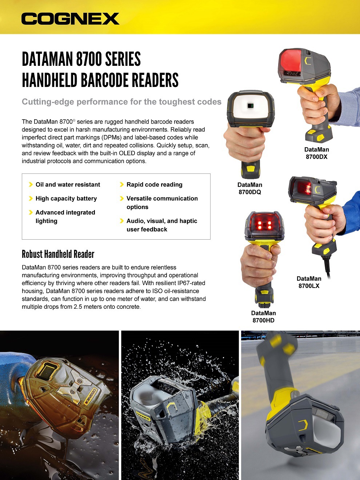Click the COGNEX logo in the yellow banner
click(x=70, y=19)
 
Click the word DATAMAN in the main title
click(x=48, y=59)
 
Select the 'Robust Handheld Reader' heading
click(x=58, y=254)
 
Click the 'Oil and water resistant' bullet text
click(x=68, y=185)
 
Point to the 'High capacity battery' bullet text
click(x=66, y=199)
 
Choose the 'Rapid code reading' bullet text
click(x=154, y=185)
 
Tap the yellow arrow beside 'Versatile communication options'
click(x=122, y=199)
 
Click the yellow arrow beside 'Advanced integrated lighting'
click(x=31, y=212)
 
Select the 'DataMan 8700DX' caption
click(x=316, y=153)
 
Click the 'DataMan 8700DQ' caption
click(x=250, y=188)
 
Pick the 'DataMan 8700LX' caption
click(x=309, y=282)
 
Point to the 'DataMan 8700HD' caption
click(x=263, y=317)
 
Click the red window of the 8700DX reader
click(x=290, y=62)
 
